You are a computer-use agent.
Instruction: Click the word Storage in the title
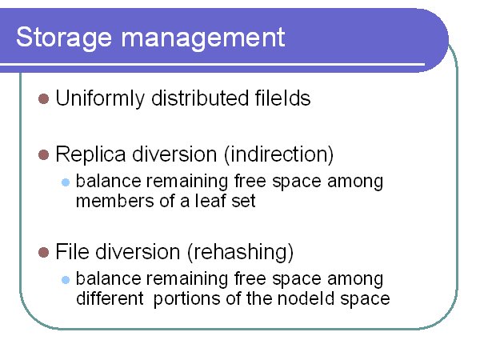[64, 38]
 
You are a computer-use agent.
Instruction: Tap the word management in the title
[203, 38]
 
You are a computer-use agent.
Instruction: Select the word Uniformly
[100, 98]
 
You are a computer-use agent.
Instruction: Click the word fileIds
[283, 98]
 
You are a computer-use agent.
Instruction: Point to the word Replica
[90, 154]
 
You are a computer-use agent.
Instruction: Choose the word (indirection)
[279, 154]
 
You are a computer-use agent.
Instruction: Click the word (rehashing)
[240, 252]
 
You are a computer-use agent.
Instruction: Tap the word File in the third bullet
[73, 252]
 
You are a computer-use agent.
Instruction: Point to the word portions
[186, 299]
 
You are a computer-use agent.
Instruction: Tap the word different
[110, 298]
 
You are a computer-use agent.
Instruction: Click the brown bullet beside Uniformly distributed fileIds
[44, 99]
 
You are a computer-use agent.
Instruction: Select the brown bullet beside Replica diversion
[44, 155]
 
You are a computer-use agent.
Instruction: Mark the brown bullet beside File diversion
[44, 253]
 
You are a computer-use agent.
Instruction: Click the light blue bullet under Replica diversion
[66, 182]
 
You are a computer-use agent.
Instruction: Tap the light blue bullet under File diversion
[66, 280]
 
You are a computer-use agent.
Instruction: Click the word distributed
[199, 98]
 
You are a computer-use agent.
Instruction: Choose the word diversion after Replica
[174, 154]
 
